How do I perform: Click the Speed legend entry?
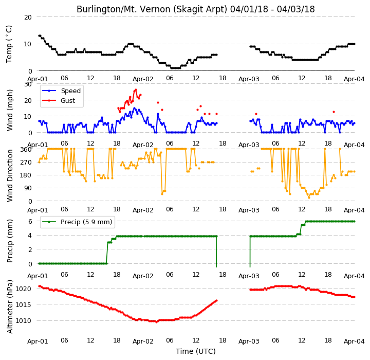pos(61,91)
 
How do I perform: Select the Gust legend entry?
pos(58,100)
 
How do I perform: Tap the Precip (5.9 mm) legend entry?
pos(77,222)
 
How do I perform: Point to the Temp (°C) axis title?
pos(9,44)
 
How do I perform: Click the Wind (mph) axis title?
pos(10,110)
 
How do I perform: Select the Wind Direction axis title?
pos(10,175)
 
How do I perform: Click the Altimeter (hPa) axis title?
pos(10,307)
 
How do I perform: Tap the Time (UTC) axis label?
pos(196,351)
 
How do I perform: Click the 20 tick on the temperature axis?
pos(28,17)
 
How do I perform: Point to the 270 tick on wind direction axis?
pos(26,163)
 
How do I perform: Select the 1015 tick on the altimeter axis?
pos(23,305)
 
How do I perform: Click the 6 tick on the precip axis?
pos(30,222)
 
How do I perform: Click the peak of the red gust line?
pos(136,90)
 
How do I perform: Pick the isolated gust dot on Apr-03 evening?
pos(334,112)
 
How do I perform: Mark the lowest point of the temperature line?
pos(176,68)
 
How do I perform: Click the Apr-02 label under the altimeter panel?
pos(143,341)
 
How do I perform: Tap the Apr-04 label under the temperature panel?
pos(354,79)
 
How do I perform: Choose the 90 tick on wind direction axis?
pos(28,188)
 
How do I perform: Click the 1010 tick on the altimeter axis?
pos(23,321)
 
